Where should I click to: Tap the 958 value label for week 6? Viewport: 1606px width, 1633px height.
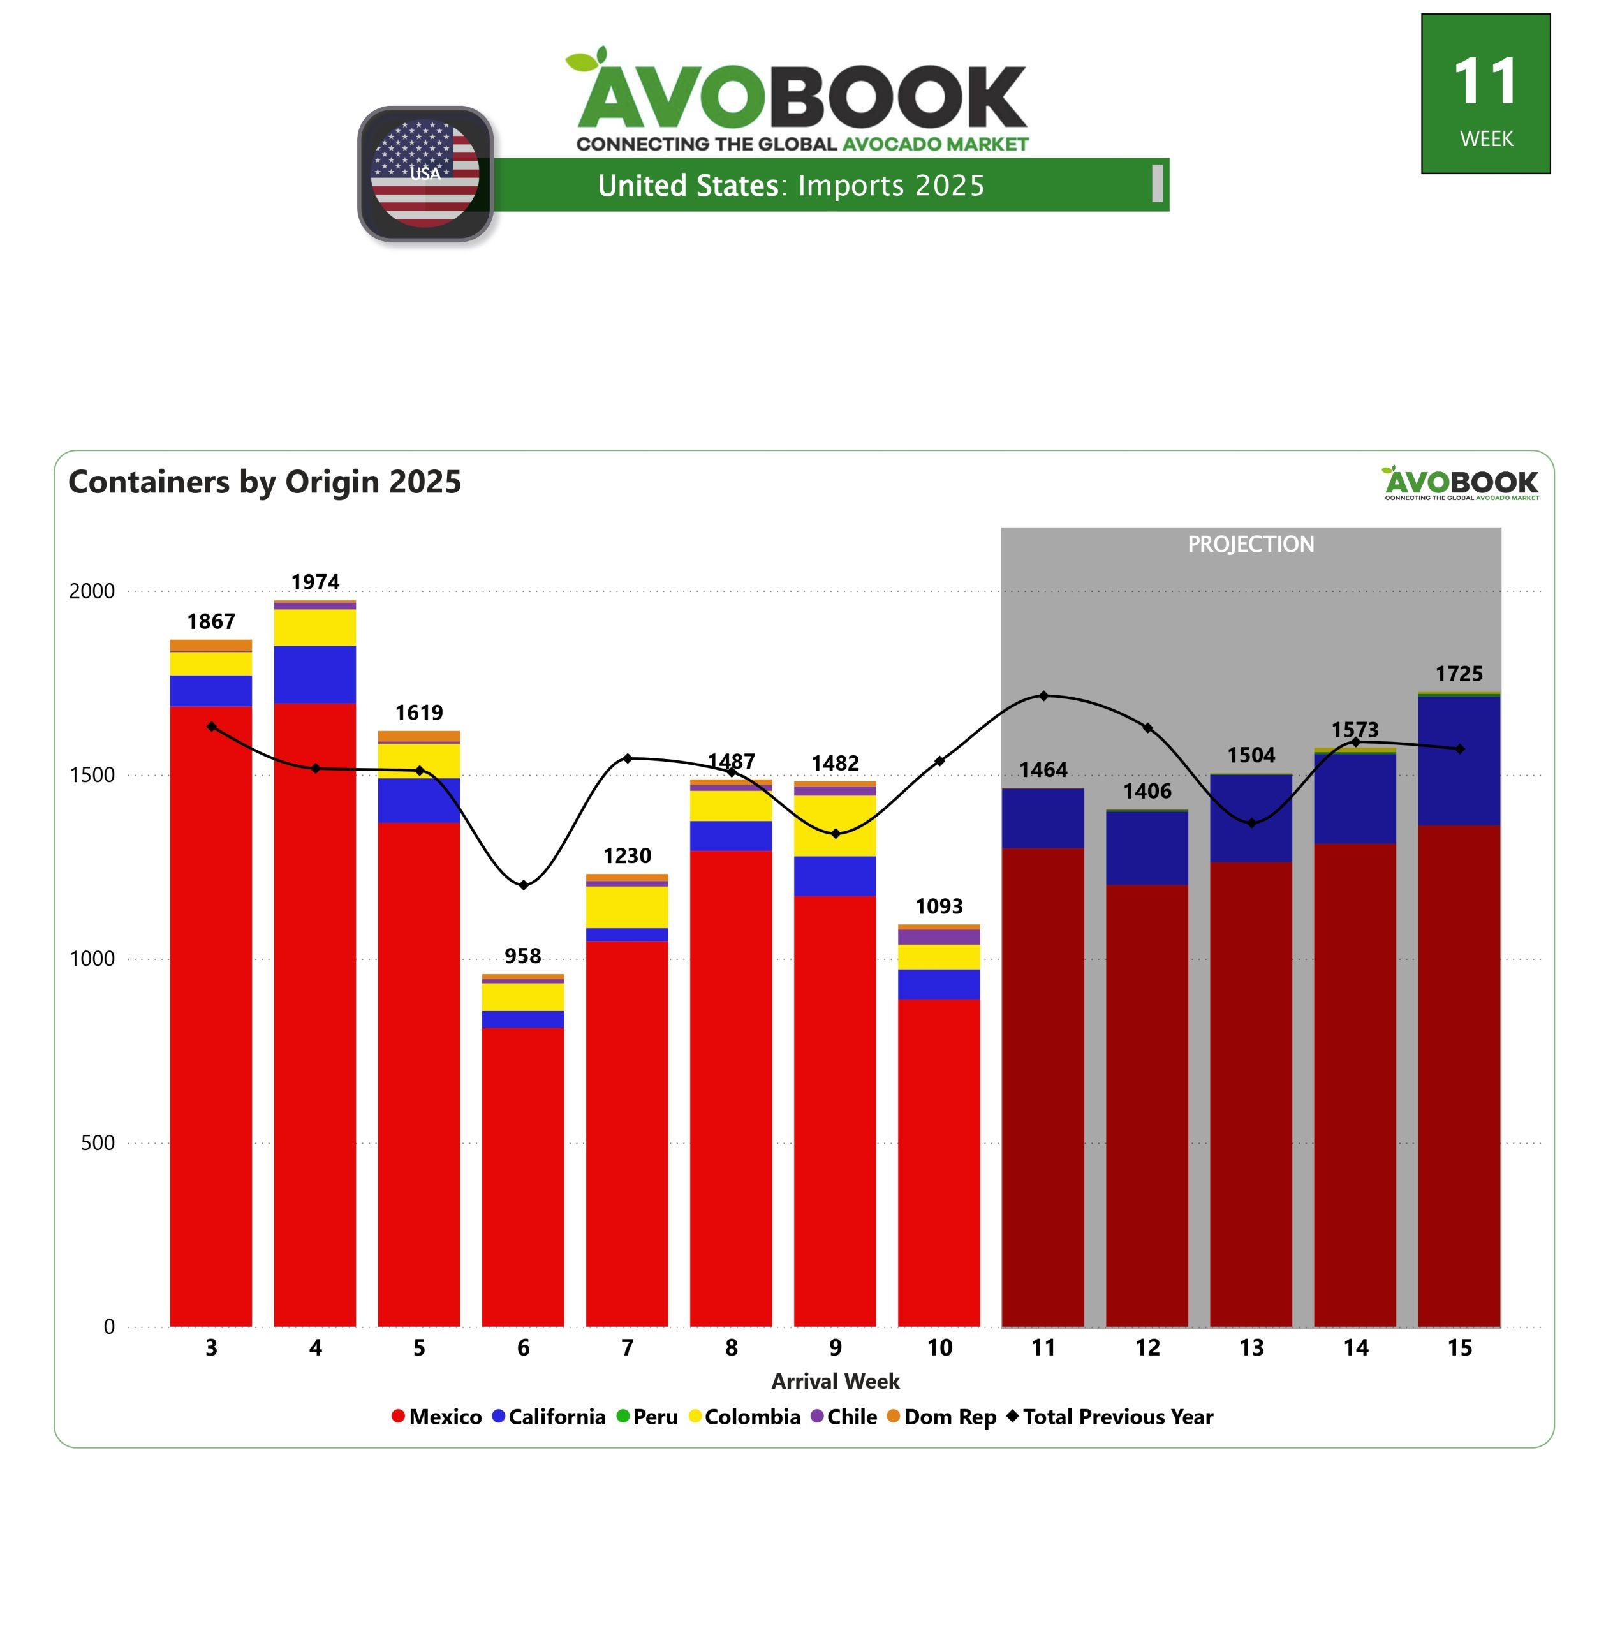[523, 956]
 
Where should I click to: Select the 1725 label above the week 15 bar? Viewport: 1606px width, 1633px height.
[1459, 674]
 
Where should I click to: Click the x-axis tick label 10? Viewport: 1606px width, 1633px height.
[939, 1348]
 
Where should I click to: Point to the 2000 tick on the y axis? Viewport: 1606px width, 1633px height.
[91, 591]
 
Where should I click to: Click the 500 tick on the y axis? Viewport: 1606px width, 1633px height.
[97, 1143]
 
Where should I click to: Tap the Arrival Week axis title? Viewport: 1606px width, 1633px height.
[835, 1382]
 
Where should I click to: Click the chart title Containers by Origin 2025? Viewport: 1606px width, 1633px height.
[265, 482]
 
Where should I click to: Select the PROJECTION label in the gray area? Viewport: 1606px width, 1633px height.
[1250, 545]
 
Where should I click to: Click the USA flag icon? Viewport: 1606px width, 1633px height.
[425, 174]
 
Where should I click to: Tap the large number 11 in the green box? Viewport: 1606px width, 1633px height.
[1485, 82]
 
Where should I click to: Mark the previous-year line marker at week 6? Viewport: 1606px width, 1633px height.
[523, 885]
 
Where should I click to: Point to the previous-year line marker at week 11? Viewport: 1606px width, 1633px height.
[1043, 696]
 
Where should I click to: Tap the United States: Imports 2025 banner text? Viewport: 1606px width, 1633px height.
[790, 186]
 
